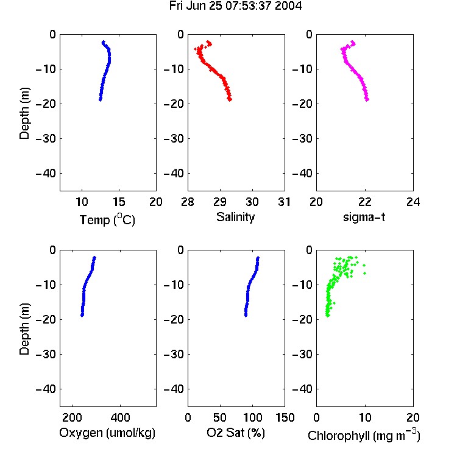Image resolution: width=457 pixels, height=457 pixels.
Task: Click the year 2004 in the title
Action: click(288, 6)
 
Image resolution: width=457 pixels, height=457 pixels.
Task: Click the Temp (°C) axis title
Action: click(107, 219)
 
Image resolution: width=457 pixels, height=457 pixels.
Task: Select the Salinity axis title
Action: click(235, 217)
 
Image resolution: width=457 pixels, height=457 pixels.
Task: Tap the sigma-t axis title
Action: click(364, 217)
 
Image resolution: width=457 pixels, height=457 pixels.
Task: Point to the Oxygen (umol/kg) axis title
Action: click(107, 433)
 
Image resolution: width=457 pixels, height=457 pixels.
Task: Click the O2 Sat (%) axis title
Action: click(236, 433)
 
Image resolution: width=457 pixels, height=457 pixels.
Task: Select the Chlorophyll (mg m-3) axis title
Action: click(364, 435)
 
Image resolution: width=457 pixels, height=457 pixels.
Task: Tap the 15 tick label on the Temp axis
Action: click(119, 202)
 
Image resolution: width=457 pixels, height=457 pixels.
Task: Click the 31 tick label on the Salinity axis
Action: click(284, 202)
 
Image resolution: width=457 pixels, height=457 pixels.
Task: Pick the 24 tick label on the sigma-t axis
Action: click(413, 202)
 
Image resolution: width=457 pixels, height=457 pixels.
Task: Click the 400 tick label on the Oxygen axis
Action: click(121, 417)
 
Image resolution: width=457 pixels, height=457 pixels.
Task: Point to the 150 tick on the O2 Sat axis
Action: click(285, 417)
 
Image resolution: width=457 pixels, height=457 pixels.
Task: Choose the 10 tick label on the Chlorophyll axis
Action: click(365, 417)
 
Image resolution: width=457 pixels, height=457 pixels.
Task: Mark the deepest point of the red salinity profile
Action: click(230, 99)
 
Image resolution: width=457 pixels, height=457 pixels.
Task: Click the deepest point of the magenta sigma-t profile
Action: click(367, 99)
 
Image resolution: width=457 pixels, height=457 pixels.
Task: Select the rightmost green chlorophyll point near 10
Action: click(364, 273)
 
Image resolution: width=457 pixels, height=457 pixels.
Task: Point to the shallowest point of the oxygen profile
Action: click(94, 258)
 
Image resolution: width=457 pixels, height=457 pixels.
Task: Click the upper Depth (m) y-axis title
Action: click(24, 113)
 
